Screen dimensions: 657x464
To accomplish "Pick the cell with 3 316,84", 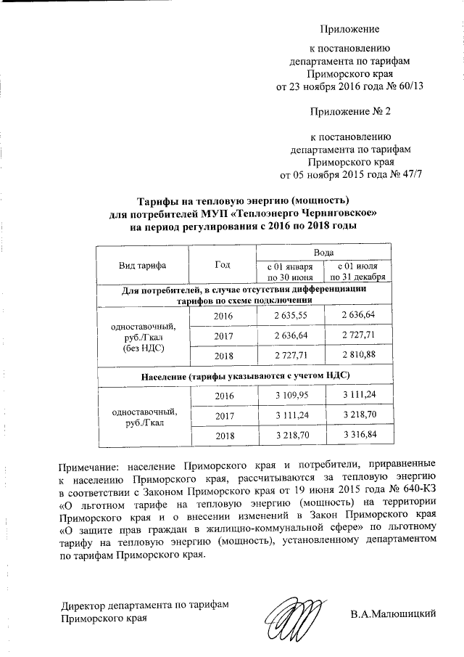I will coord(359,435).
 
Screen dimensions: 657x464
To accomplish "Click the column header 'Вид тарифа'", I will coord(142,266).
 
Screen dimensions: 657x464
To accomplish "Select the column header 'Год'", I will coord(223,266).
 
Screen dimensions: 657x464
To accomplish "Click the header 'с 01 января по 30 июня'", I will coord(290,272).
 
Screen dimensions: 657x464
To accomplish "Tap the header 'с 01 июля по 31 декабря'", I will coord(359,272).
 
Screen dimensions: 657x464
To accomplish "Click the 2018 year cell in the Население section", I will coord(223,435).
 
